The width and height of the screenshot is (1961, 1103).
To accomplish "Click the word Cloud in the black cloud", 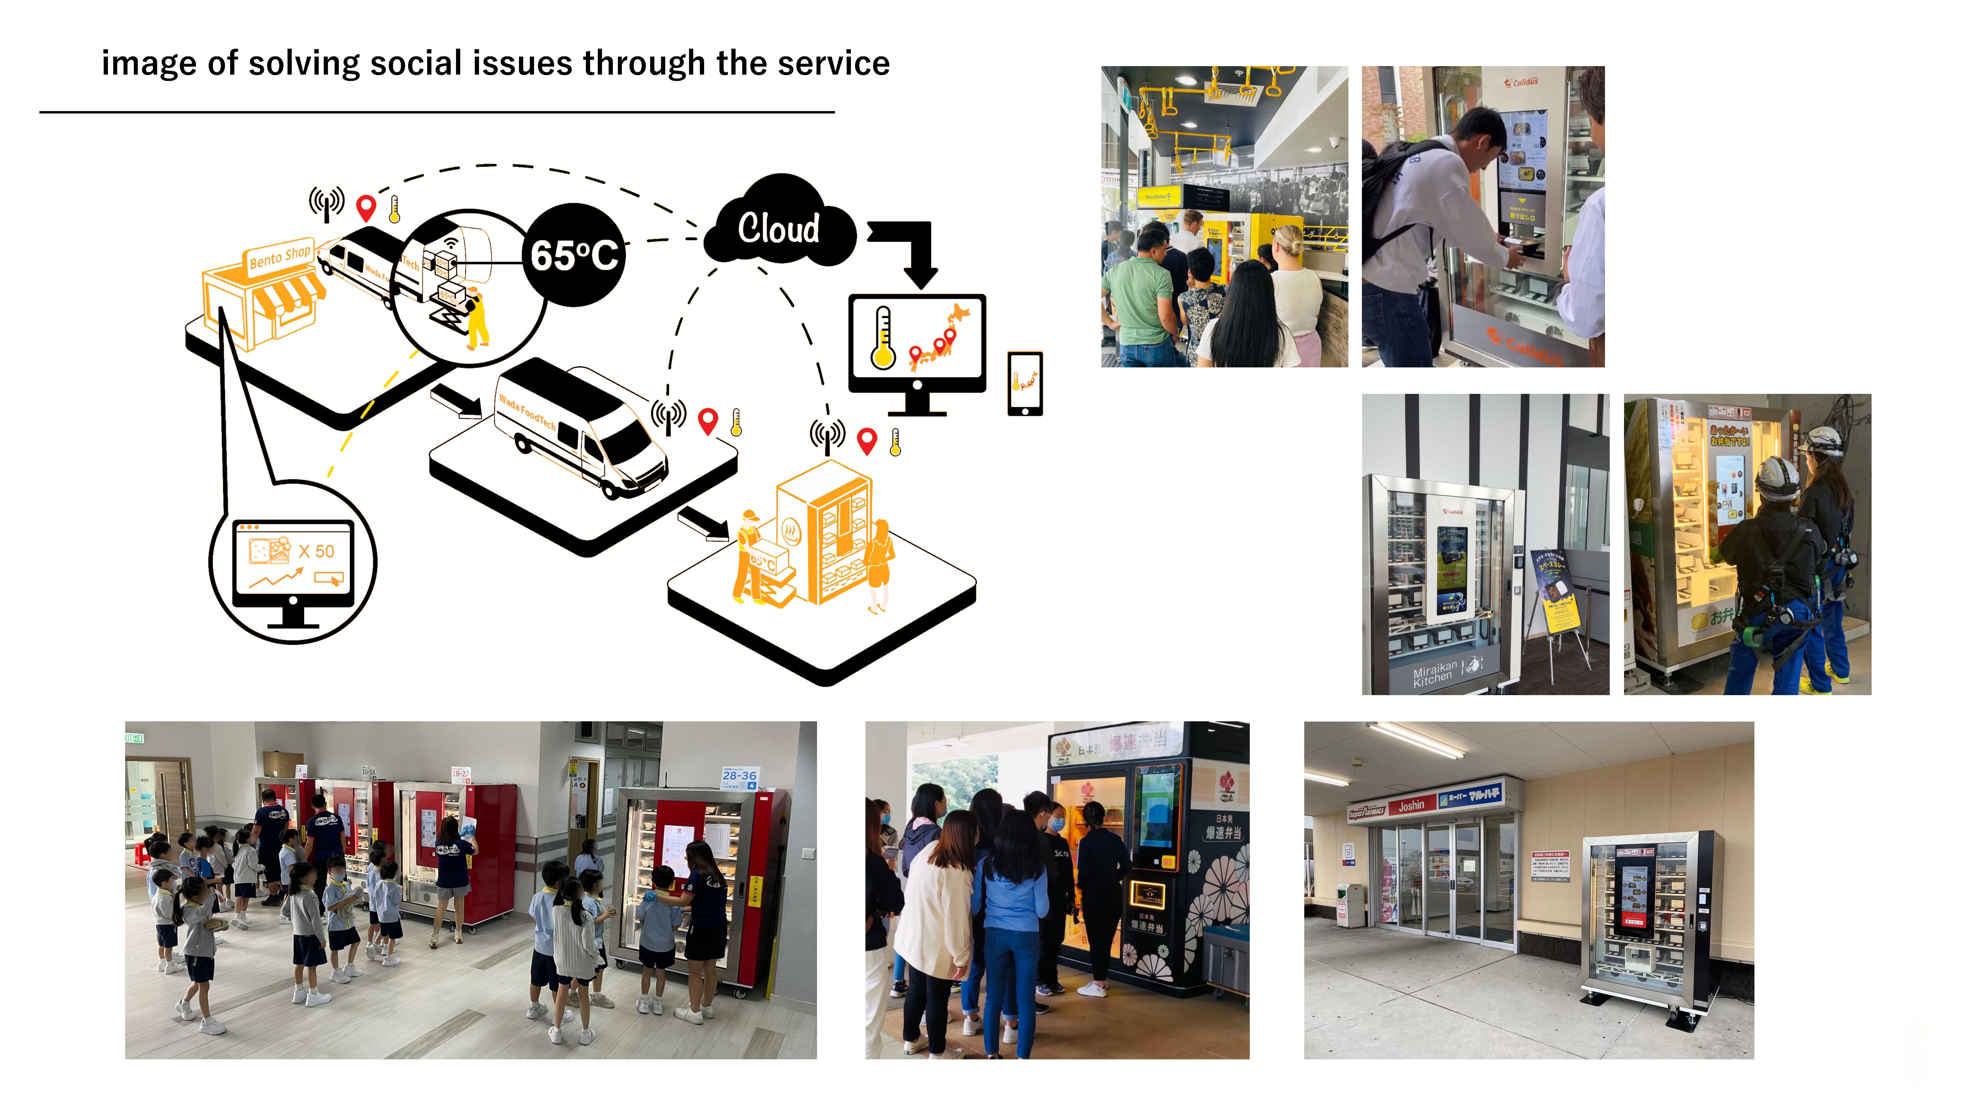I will click(x=778, y=228).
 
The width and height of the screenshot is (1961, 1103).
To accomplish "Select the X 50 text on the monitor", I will click(x=316, y=551).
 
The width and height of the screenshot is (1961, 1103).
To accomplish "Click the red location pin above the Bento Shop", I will click(x=366, y=207).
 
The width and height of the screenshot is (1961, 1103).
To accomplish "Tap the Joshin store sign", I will click(x=1411, y=805).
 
